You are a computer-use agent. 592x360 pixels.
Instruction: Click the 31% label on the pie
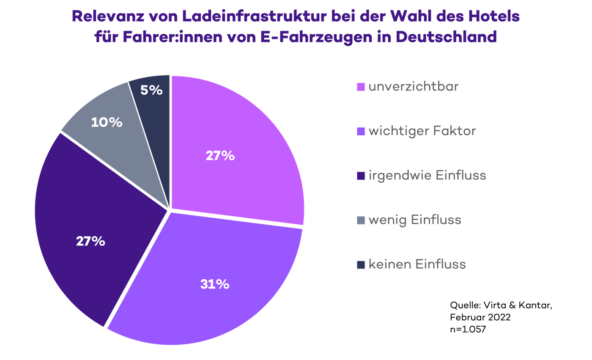tap(215, 284)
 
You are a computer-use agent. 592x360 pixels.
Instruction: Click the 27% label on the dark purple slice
tap(90, 241)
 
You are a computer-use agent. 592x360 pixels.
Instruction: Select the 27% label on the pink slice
tap(220, 156)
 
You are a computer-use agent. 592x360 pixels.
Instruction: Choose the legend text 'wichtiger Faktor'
tap(422, 131)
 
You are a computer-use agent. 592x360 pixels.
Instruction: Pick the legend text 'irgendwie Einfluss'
tap(427, 176)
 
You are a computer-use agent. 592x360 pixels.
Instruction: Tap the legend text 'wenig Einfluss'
tap(415, 220)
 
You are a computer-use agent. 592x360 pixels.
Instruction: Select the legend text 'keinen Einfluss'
tap(417, 264)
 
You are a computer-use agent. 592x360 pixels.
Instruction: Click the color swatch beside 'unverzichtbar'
tap(361, 88)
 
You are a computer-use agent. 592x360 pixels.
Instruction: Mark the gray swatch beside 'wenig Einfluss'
tap(361, 220)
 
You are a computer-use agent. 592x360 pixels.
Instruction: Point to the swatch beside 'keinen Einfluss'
tap(361, 265)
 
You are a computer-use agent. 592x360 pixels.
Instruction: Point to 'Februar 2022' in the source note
tap(480, 317)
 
